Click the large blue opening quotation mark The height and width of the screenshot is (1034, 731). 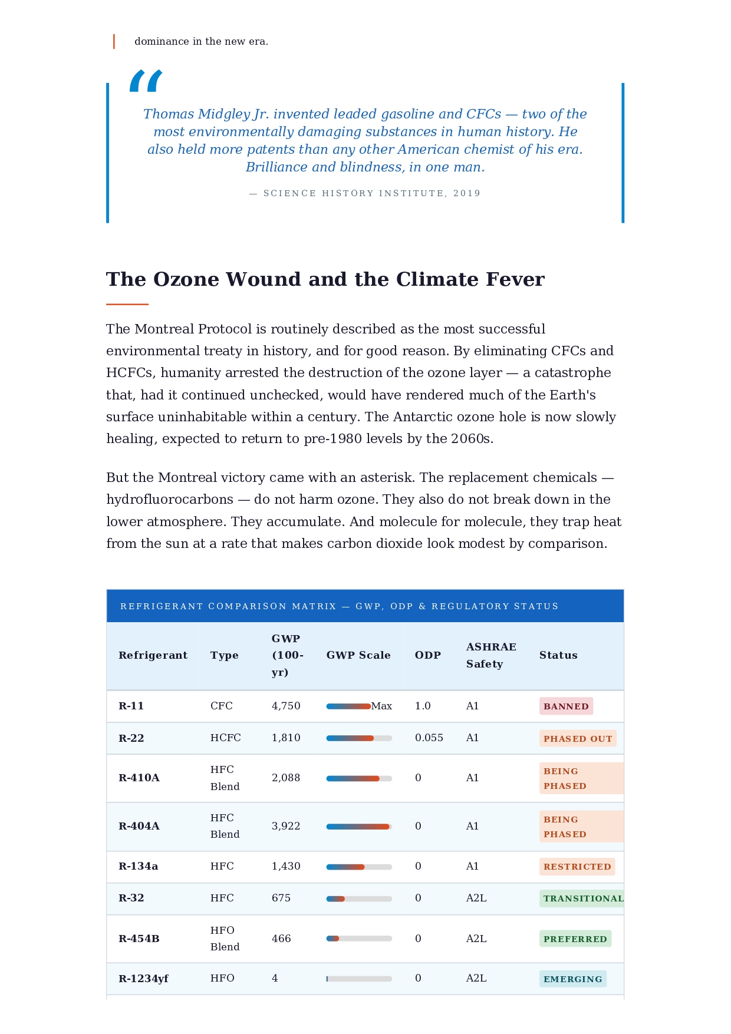click(146, 81)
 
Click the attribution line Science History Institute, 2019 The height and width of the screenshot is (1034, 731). click(365, 193)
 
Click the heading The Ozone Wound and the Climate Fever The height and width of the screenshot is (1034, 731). click(325, 279)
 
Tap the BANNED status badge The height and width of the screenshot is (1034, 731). click(566, 706)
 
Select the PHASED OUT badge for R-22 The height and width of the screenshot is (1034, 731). click(578, 739)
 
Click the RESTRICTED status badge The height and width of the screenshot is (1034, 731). click(577, 867)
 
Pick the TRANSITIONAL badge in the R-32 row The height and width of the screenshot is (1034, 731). click(582, 898)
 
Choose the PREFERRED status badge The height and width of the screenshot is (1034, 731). click(575, 939)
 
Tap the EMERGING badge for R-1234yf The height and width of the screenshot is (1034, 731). click(572, 979)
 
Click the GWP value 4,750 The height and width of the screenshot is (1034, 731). click(286, 706)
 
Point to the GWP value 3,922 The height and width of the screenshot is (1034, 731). click(286, 826)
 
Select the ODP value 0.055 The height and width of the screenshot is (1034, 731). click(429, 738)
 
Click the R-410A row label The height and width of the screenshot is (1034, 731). click(139, 778)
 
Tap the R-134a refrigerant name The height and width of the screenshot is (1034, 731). click(139, 866)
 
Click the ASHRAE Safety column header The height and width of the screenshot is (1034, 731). click(491, 655)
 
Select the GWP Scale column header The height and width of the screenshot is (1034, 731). click(358, 655)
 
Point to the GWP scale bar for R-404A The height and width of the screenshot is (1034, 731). click(359, 827)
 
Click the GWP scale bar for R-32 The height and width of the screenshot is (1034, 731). click(359, 898)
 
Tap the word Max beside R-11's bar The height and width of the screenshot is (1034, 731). click(381, 706)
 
